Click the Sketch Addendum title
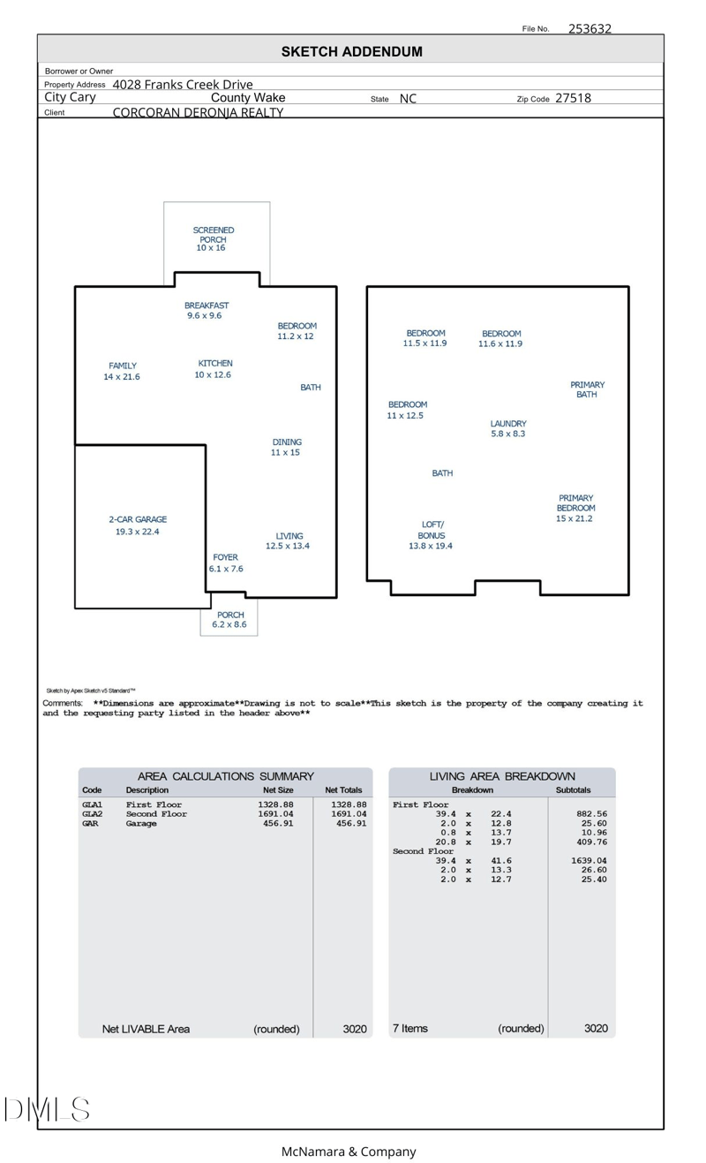[351, 52]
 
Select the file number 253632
[590, 28]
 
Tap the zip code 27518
[573, 98]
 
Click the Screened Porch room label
[213, 235]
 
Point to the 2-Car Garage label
[138, 520]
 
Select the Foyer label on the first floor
[225, 557]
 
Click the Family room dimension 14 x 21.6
[122, 377]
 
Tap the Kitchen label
[215, 363]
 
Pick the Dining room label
[287, 442]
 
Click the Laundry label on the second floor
[508, 424]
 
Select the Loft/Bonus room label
[432, 530]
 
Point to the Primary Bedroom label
[575, 503]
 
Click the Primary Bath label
[587, 389]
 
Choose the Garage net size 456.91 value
[278, 824]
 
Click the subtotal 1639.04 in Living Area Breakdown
[588, 860]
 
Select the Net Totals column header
[343, 790]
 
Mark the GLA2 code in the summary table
[92, 814]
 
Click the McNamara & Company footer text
[348, 1152]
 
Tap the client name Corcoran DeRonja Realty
[198, 112]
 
